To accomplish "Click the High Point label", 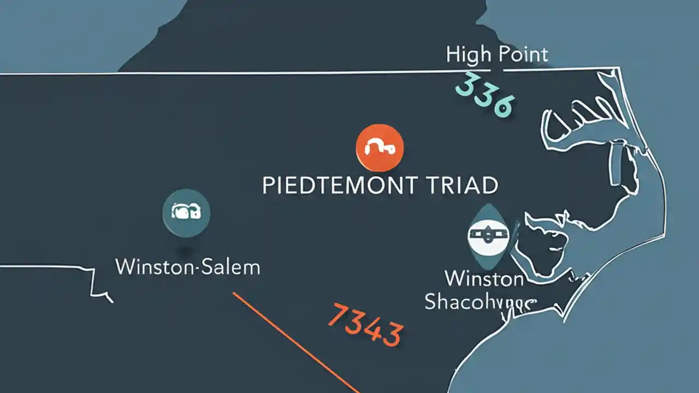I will (497, 55).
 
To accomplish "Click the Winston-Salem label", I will (188, 267).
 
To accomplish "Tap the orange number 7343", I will (365, 325).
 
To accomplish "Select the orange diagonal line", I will (295, 341).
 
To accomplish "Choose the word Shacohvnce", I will (481, 302).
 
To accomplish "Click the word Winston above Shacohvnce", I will (484, 279).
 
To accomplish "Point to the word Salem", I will (231, 267).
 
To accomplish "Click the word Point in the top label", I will (523, 55).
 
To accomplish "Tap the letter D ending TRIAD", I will (489, 186).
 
